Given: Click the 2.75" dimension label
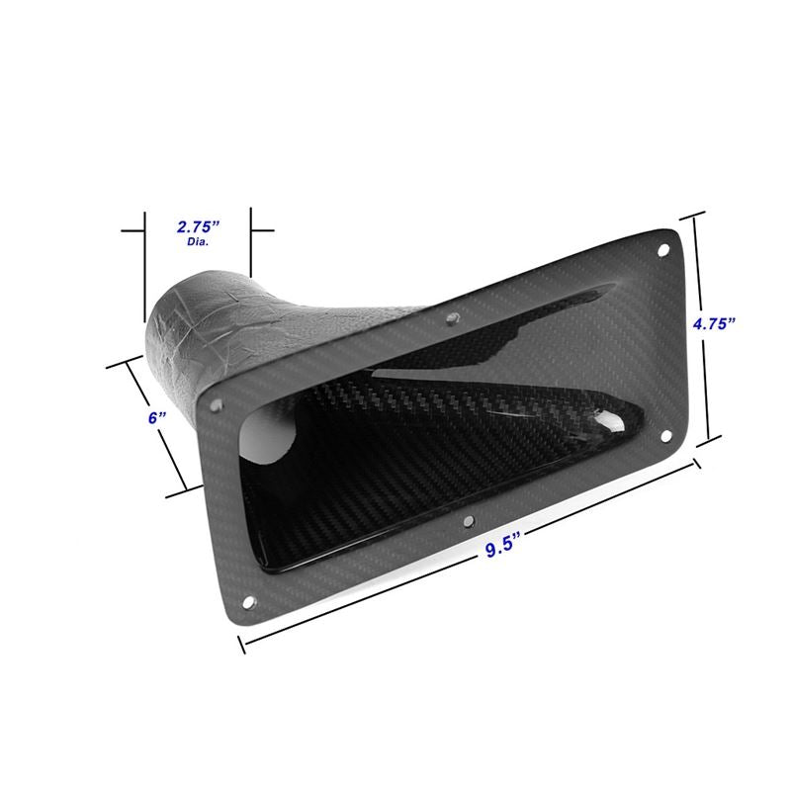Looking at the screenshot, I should click(196, 226).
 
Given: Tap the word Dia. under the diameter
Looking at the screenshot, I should click(196, 242).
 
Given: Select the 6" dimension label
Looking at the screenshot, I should click(153, 417).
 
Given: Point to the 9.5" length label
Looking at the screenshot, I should click(504, 550).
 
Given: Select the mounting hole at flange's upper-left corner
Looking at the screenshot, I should click(219, 403).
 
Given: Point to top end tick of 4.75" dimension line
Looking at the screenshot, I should click(695, 217).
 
